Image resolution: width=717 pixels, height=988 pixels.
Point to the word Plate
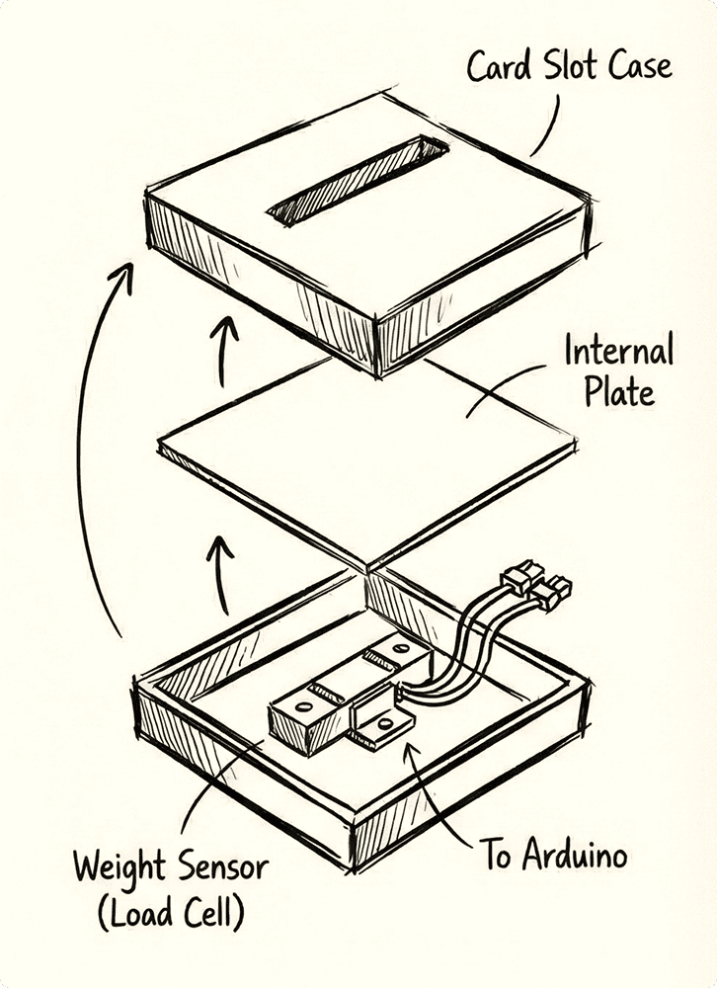click(618, 393)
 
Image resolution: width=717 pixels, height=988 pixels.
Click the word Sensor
click(223, 868)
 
